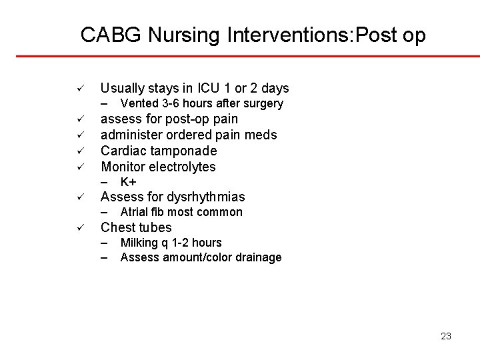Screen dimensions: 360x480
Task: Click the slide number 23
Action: click(446, 336)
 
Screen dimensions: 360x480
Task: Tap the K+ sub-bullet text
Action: click(129, 182)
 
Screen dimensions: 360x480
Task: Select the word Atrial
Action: click(135, 212)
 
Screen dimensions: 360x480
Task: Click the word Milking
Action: click(139, 243)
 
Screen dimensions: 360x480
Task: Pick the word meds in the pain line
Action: click(263, 135)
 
